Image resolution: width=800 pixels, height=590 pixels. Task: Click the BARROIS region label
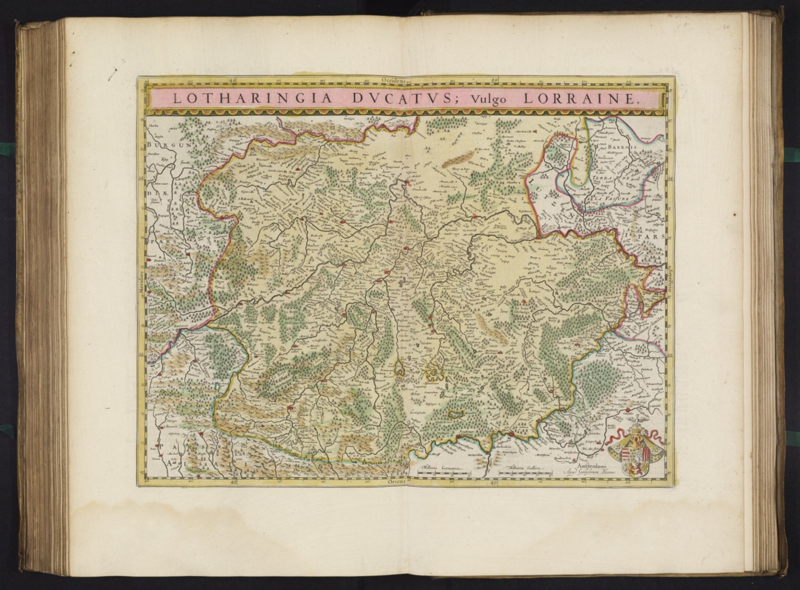619,147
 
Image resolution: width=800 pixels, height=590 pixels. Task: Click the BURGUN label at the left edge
161,146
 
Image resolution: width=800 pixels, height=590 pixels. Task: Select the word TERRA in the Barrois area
604,178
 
